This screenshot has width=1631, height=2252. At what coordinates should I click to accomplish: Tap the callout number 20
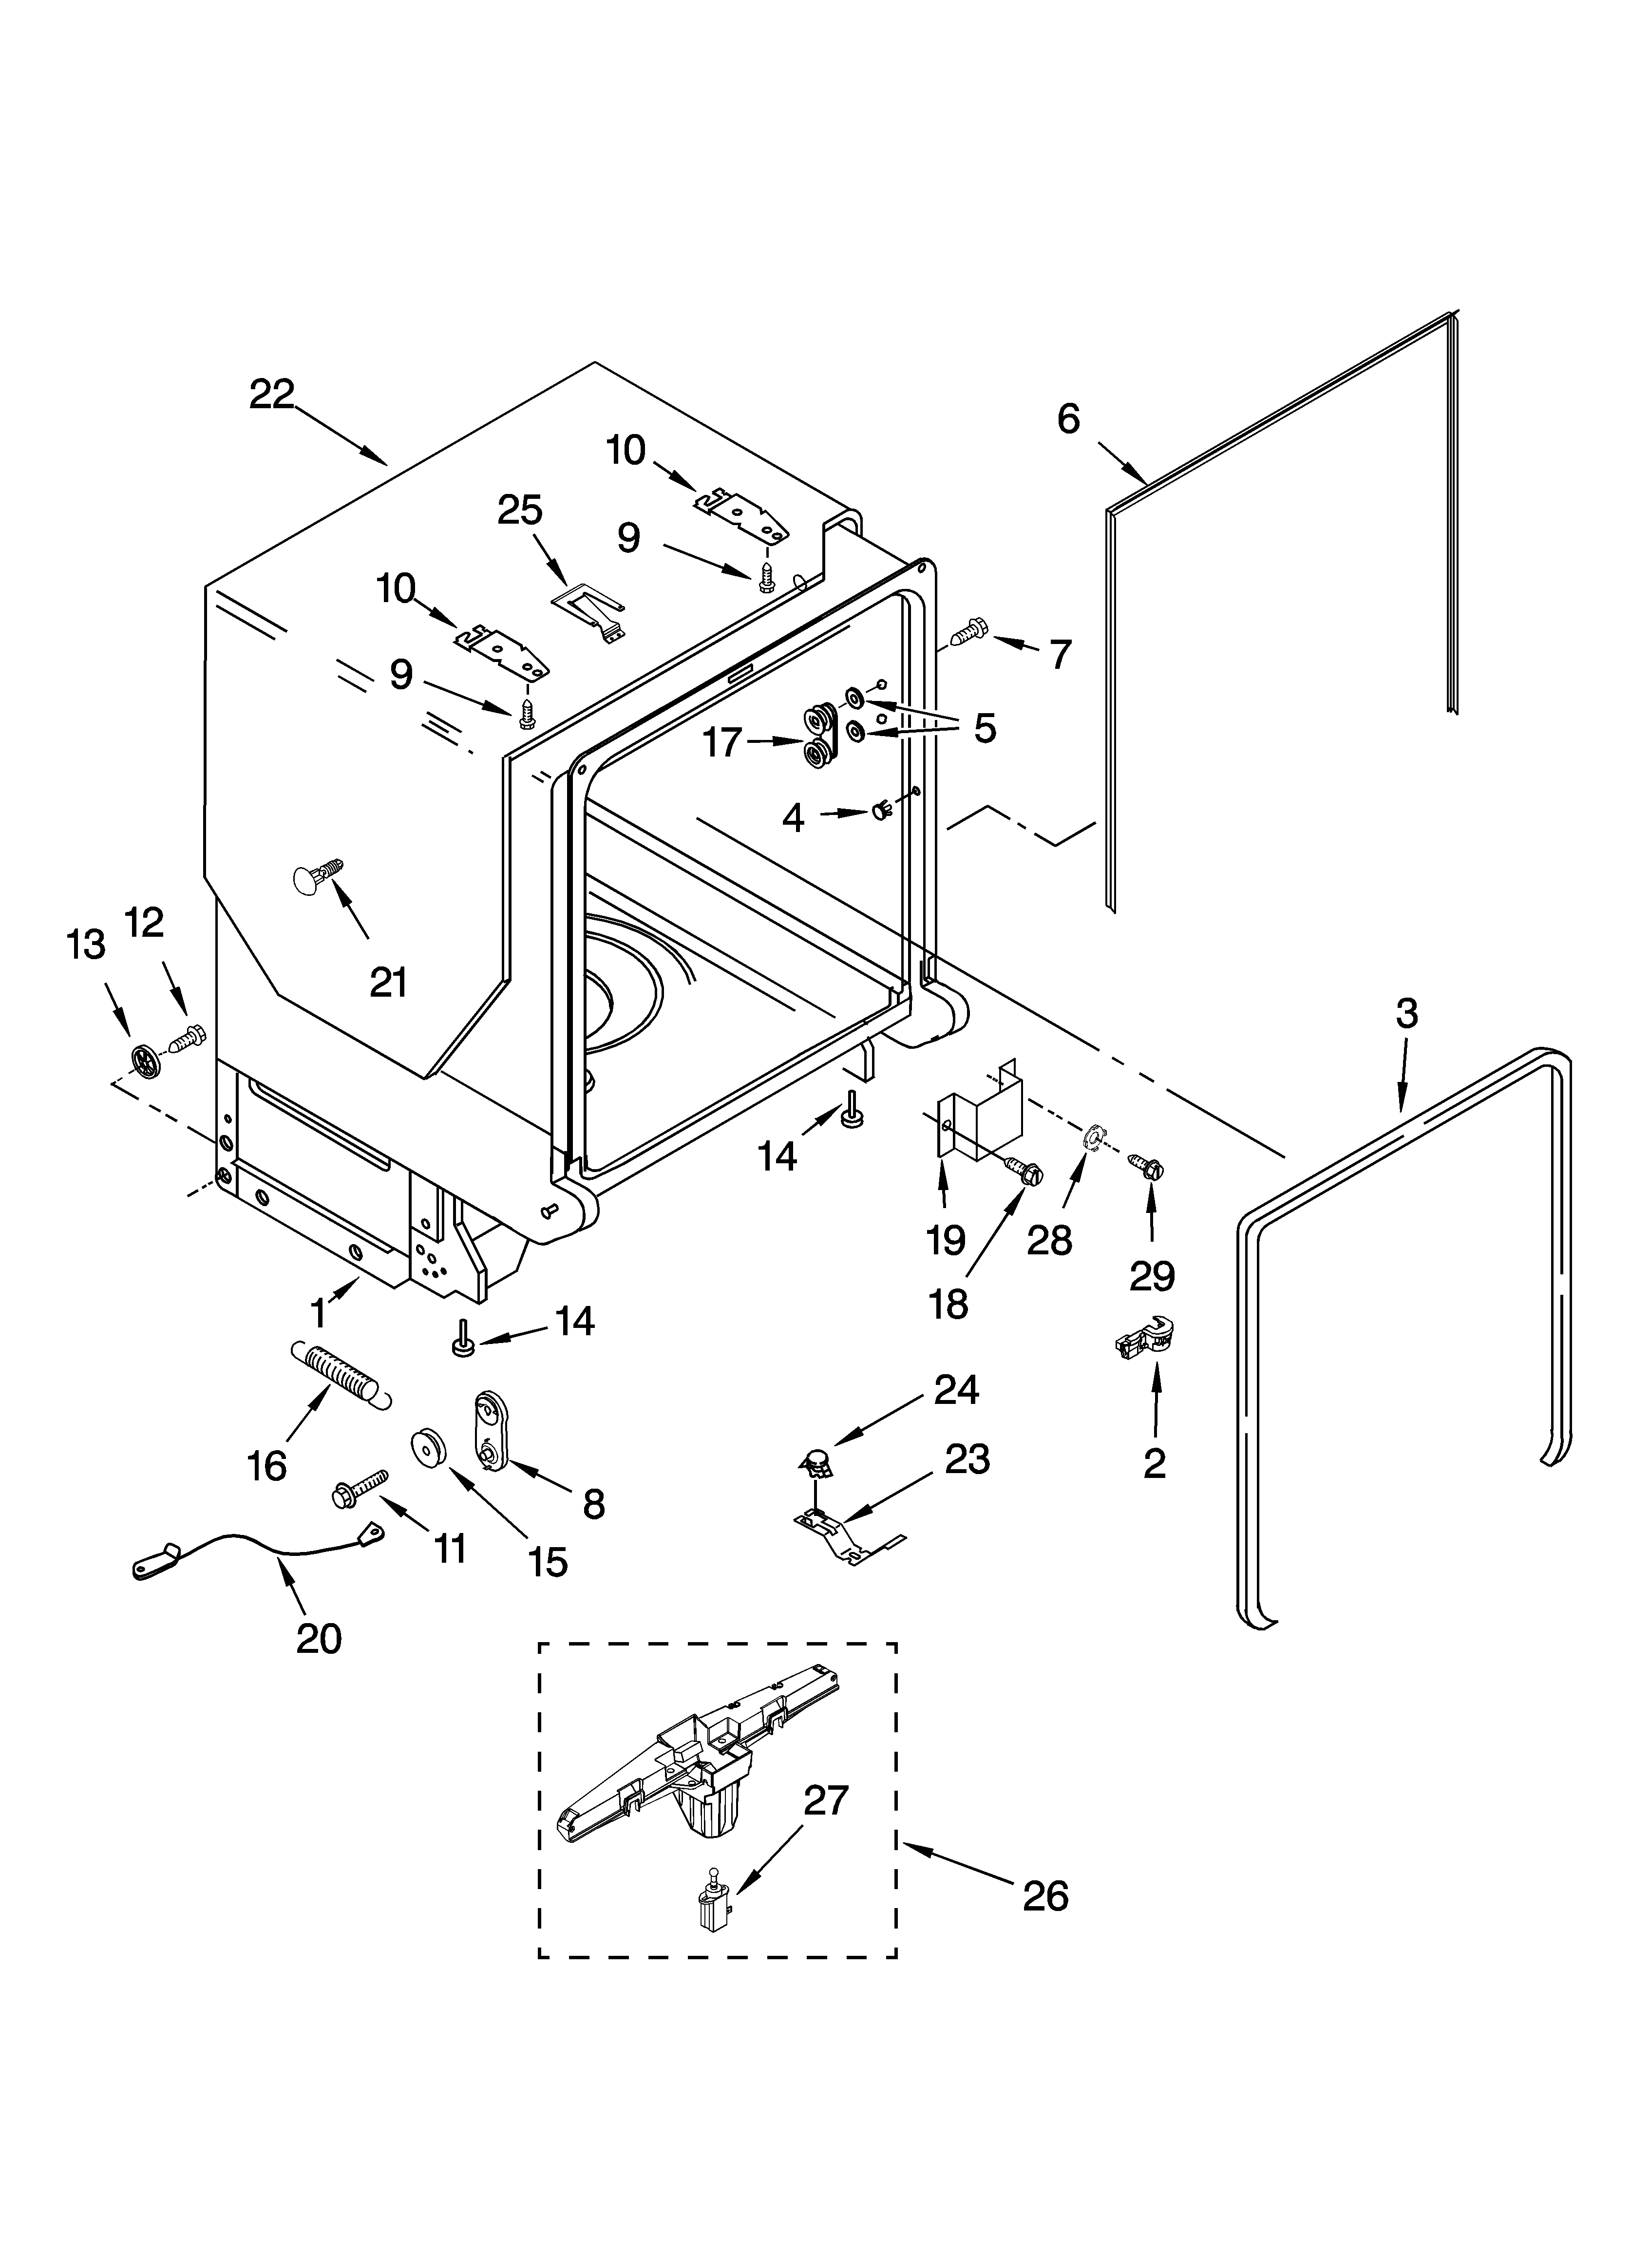click(319, 1638)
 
